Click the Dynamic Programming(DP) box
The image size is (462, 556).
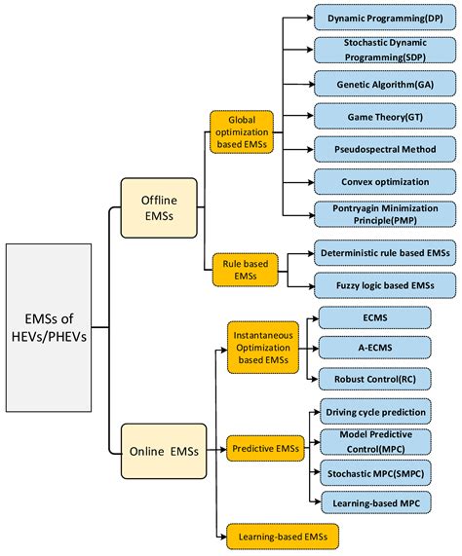click(x=384, y=19)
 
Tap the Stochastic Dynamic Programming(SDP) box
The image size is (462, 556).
click(x=384, y=51)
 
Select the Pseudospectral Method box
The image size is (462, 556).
click(x=384, y=148)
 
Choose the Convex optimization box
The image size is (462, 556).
click(x=384, y=180)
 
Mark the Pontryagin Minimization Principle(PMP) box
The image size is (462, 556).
click(x=384, y=213)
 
